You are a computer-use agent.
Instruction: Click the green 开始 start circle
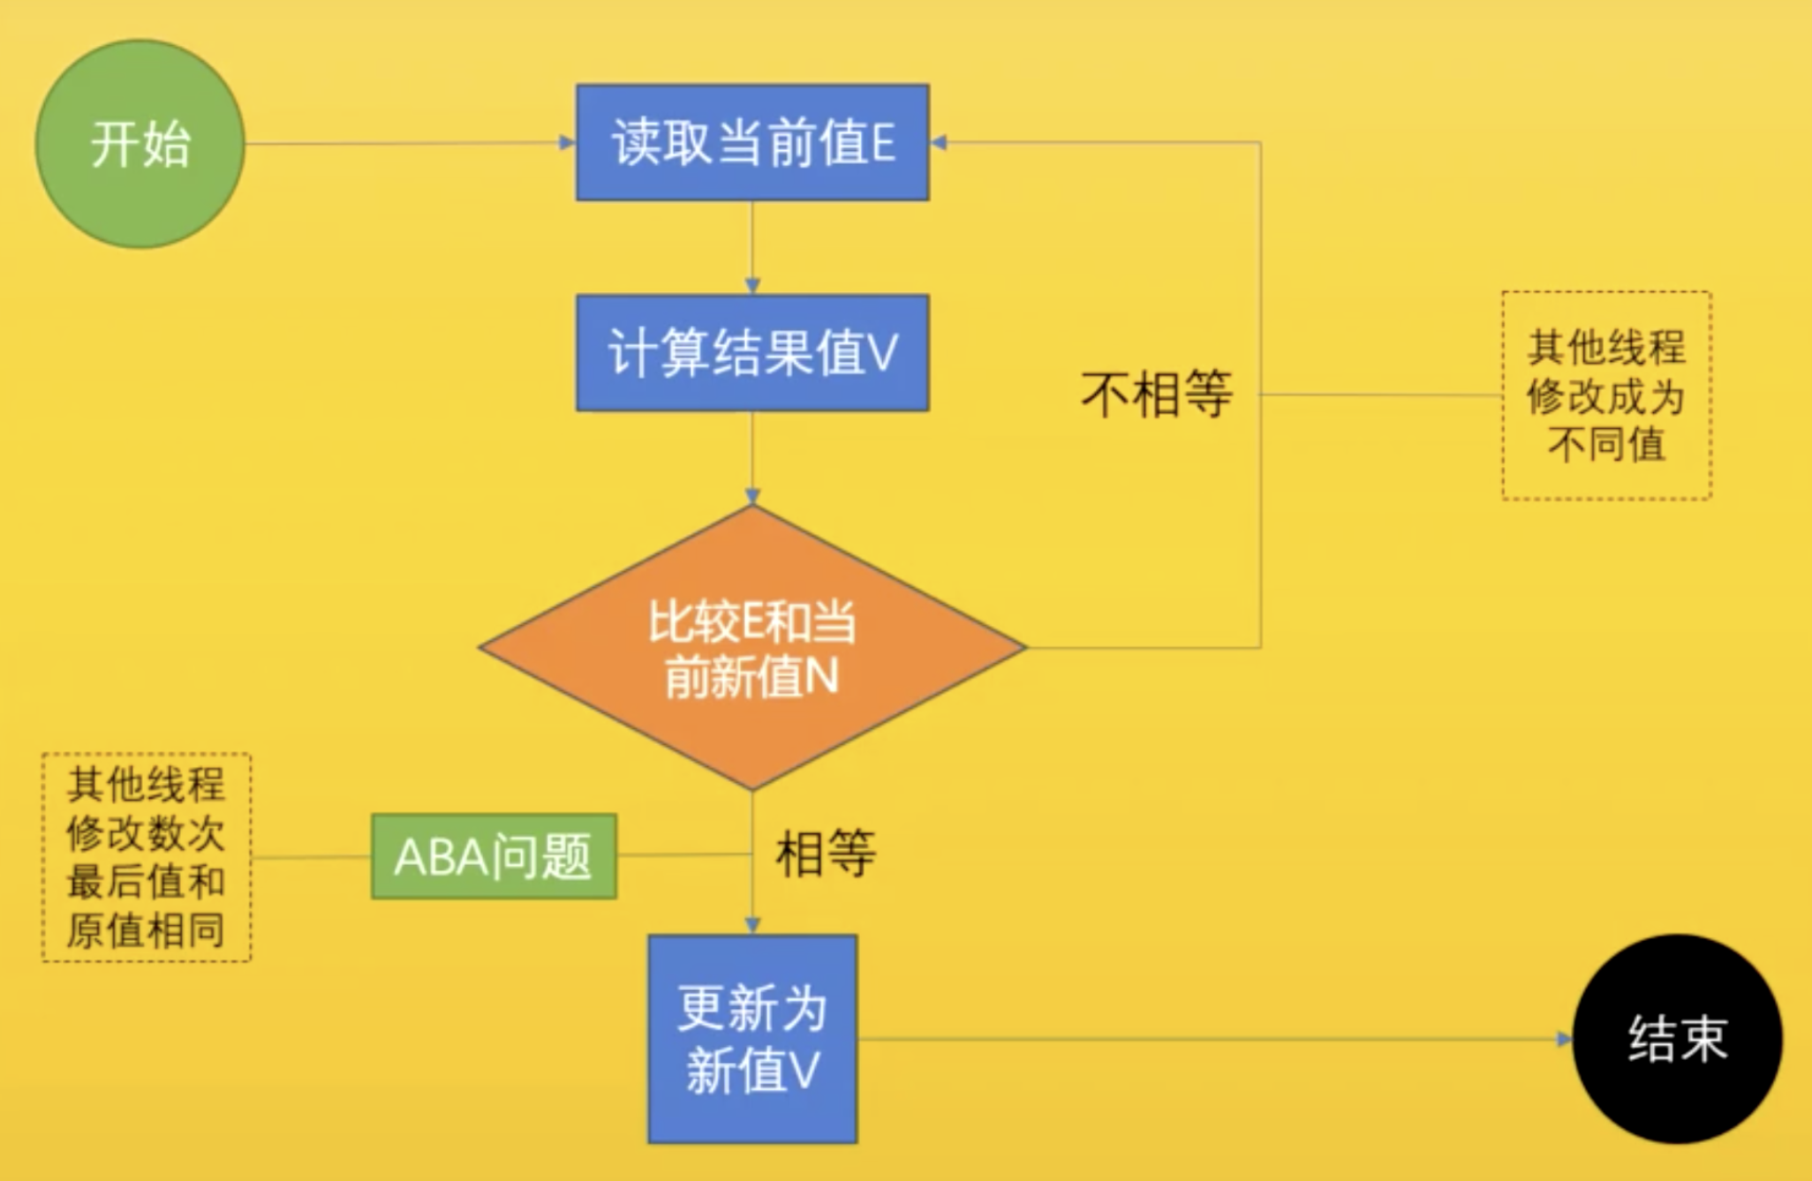point(140,144)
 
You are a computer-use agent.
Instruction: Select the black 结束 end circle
point(1677,1039)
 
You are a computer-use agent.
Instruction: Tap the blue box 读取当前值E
point(752,143)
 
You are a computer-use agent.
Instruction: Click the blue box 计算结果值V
point(752,353)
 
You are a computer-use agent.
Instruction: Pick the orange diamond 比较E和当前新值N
point(752,648)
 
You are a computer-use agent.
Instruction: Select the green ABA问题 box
point(494,856)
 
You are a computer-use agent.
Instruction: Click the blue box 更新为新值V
point(752,1039)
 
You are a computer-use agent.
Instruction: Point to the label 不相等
point(1157,394)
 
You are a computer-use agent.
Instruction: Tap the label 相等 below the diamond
point(826,854)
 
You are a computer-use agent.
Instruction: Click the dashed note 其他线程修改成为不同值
point(1606,395)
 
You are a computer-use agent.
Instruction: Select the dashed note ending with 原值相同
point(147,857)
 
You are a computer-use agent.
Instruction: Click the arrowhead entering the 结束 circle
point(1564,1039)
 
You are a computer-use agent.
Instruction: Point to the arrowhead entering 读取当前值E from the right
point(940,142)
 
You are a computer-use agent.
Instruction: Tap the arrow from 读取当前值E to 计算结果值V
point(752,247)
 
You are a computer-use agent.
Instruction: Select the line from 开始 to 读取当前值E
point(406,143)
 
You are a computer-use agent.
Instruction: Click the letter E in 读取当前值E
point(882,143)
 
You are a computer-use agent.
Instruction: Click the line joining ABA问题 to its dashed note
point(311,856)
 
